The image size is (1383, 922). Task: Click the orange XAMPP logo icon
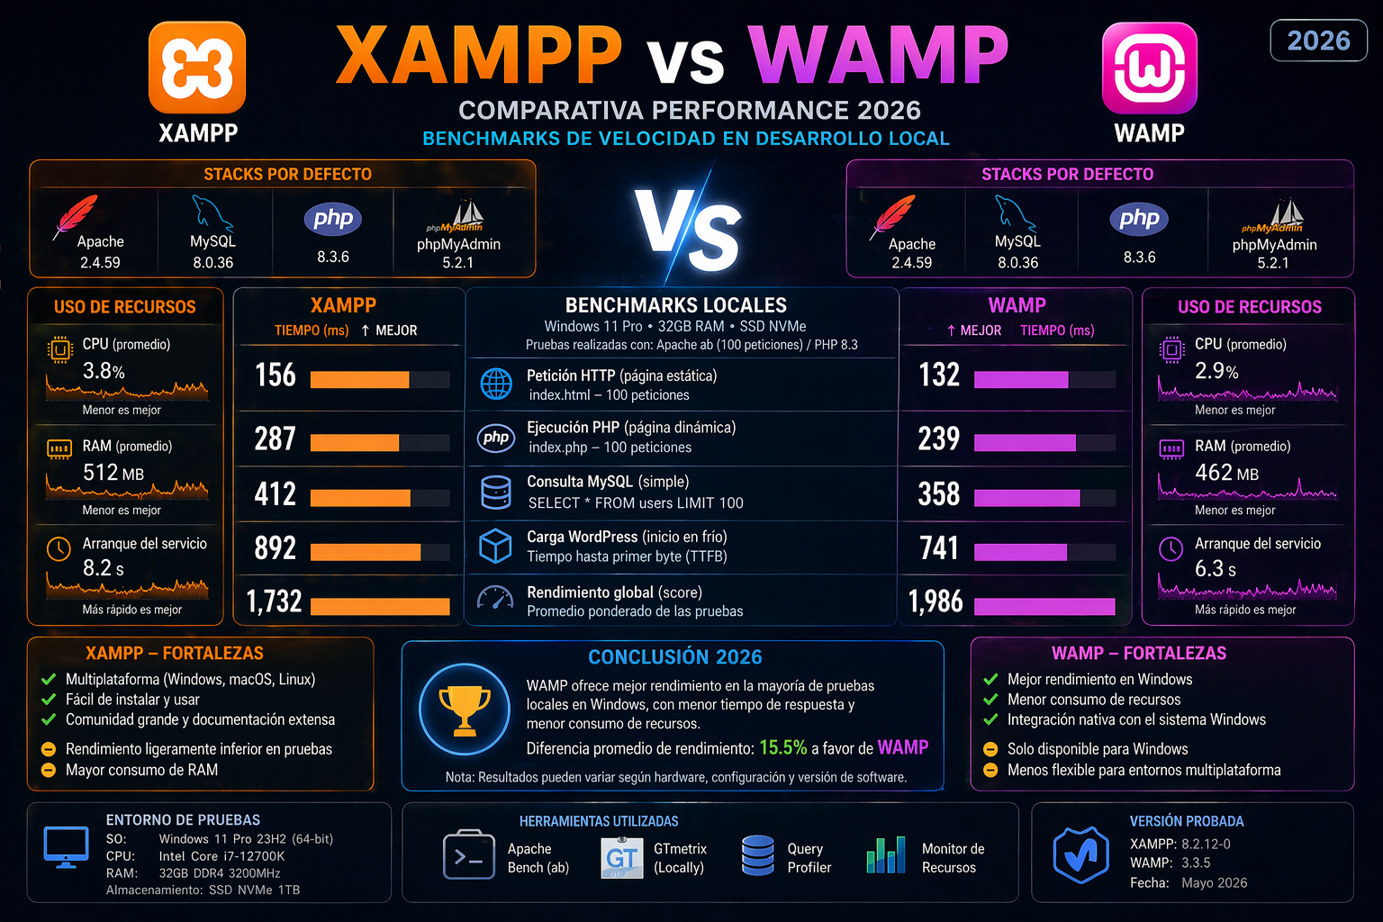pos(197,68)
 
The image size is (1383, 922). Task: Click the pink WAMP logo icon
pos(1149,68)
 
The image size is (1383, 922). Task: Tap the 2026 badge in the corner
pos(1318,41)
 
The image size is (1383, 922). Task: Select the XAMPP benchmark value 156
pos(275,375)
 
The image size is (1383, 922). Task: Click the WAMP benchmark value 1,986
pos(936,601)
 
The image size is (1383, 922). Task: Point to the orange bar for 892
pos(366,552)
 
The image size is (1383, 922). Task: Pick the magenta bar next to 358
pos(1026,498)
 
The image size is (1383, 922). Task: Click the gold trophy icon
pos(465,710)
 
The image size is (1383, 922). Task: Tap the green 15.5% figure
pos(782,747)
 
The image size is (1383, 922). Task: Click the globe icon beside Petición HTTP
pos(496,384)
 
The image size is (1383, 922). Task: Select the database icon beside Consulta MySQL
pos(496,493)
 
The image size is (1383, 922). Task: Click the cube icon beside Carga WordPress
pos(496,546)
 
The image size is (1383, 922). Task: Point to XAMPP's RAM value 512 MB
pos(113,473)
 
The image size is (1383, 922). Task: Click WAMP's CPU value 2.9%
pos(1216,371)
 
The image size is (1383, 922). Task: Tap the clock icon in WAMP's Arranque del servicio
pos(1171,548)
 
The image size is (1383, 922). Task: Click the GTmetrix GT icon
pos(621,857)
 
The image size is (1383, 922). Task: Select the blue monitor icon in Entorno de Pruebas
pos(66,847)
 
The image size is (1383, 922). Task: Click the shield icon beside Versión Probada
pos(1080,854)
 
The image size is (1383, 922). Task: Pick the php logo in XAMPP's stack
pos(332,219)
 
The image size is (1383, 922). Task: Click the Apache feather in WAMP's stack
pos(894,216)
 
